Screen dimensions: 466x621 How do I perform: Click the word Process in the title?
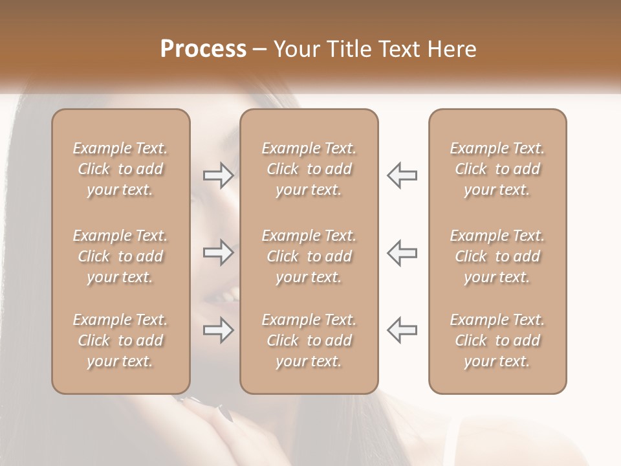(x=203, y=49)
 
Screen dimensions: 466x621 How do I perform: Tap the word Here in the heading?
(x=452, y=49)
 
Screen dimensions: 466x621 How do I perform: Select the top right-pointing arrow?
(x=218, y=175)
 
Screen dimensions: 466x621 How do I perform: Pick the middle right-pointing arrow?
(x=218, y=252)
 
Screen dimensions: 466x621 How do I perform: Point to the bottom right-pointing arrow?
(x=218, y=330)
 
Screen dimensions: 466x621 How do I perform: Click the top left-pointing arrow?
(x=402, y=175)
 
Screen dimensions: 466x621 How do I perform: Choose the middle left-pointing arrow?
(x=402, y=252)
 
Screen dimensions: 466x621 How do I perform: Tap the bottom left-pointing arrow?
(x=402, y=330)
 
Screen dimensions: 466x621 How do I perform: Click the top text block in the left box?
(x=120, y=169)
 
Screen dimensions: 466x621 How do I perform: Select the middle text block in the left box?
(x=120, y=256)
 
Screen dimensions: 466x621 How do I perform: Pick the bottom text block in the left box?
(x=120, y=340)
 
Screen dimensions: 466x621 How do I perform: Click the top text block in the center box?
(x=309, y=169)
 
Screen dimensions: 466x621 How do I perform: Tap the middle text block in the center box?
(x=309, y=256)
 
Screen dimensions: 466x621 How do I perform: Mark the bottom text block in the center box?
(x=309, y=340)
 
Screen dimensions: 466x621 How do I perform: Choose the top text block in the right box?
(x=497, y=169)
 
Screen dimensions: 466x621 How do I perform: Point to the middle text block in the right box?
(x=497, y=256)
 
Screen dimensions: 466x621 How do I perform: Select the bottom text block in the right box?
(x=497, y=340)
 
